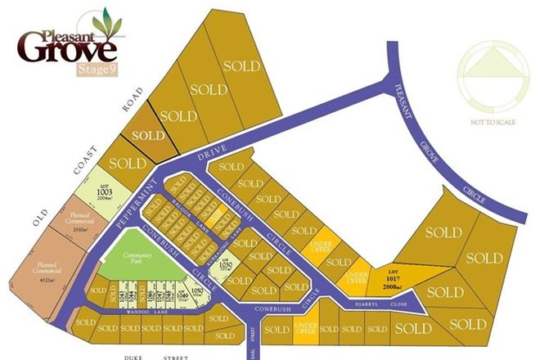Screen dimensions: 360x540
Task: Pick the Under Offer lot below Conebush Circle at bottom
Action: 304,329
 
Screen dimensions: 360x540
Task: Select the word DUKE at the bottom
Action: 135,356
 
